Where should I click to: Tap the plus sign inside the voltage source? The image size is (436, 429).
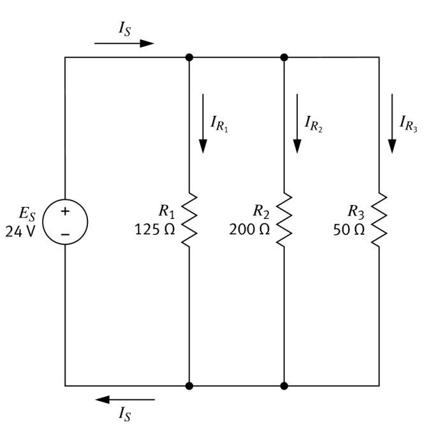tap(65, 213)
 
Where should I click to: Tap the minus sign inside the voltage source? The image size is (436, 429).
tap(65, 234)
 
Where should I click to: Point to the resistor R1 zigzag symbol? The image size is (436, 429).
tap(189, 221)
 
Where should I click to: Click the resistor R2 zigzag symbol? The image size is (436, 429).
tap(284, 221)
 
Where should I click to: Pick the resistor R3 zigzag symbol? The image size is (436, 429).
tap(379, 221)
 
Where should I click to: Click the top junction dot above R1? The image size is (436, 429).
tap(189, 57)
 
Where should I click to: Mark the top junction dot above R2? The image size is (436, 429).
tap(284, 57)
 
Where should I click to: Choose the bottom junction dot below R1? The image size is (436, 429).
tap(189, 386)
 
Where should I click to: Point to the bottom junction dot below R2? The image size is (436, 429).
tap(284, 386)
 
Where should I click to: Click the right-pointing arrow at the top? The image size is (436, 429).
tap(124, 43)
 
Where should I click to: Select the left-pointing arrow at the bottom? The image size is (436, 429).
tap(125, 400)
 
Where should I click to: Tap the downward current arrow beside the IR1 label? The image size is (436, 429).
tap(203, 123)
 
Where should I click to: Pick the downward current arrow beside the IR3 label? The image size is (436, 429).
tap(392, 123)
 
